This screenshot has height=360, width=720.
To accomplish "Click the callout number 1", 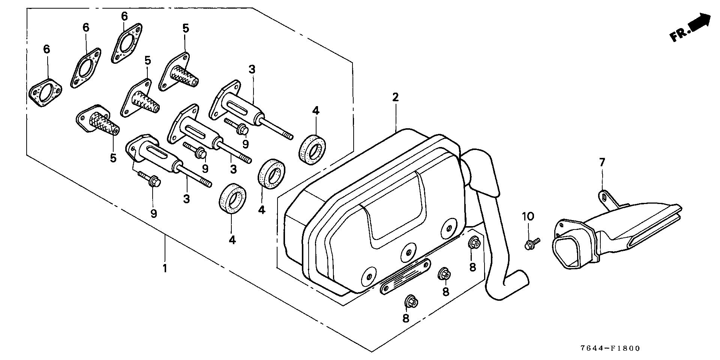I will tap(164, 268).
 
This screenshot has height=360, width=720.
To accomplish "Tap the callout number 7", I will tap(602, 162).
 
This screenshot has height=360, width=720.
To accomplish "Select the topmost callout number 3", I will tap(252, 69).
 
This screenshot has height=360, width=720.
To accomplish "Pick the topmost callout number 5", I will tap(186, 28).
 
